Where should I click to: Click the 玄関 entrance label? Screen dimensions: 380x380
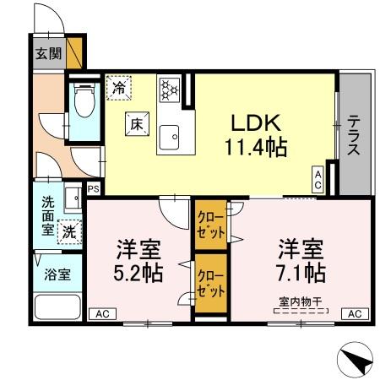coord(47,54)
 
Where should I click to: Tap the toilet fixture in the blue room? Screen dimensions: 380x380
coord(83,106)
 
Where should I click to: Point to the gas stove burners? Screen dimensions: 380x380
coord(169,88)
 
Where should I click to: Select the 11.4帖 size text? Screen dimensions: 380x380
coord(255,148)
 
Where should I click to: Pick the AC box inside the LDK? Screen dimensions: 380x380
coord(318,177)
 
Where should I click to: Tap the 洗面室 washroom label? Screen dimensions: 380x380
coord(47,214)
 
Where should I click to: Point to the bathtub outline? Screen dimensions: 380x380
coord(57,307)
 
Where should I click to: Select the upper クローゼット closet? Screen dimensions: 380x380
coord(209,222)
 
